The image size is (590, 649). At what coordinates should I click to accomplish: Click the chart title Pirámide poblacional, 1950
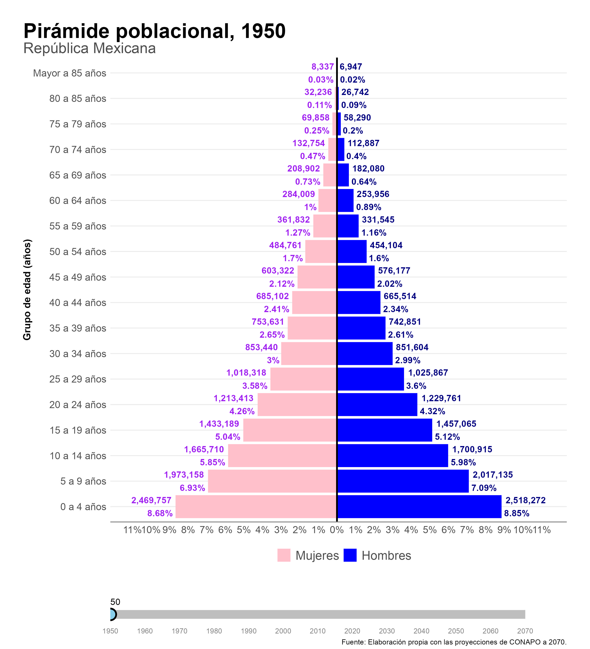point(155,31)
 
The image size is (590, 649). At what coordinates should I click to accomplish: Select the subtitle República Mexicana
point(89,49)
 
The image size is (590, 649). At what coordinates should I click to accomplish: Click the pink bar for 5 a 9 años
point(272,481)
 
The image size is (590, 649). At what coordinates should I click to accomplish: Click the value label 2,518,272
point(525,500)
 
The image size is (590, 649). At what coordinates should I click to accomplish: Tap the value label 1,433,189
point(219,424)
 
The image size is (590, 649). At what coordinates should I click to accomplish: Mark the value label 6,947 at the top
point(351,67)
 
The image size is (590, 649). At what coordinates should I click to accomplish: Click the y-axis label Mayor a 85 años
point(70,73)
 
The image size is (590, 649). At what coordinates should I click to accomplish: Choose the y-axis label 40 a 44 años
point(77,303)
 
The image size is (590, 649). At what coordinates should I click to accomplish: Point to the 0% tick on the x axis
point(337,530)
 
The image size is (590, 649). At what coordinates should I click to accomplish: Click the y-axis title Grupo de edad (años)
point(27,290)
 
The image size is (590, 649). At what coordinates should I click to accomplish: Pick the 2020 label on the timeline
point(352,631)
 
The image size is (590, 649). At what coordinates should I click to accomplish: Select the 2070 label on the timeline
point(525,631)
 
